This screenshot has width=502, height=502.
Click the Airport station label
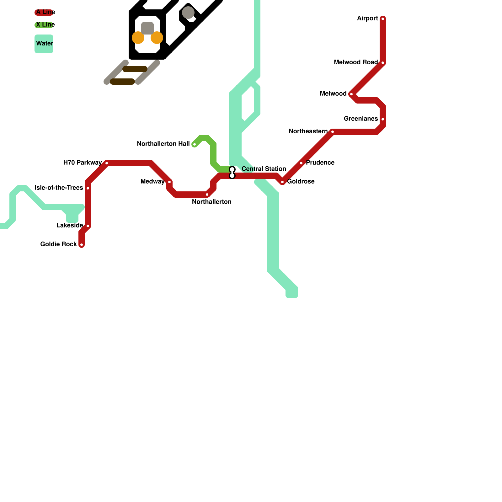[x=367, y=19]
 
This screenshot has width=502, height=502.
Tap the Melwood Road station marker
[x=383, y=63]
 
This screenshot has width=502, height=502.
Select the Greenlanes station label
[x=361, y=119]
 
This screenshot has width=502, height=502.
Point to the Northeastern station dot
[x=333, y=132]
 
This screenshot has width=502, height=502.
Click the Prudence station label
[x=320, y=163]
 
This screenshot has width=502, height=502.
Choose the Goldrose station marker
[x=282, y=182]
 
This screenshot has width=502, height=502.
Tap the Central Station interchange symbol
[x=232, y=173]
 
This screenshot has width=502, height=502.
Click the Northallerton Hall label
[x=163, y=144]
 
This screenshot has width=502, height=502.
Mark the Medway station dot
[x=169, y=182]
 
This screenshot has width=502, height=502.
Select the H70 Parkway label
[x=83, y=163]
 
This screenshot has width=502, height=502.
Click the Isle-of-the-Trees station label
[x=59, y=188]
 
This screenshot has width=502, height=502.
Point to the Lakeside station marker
[x=88, y=226]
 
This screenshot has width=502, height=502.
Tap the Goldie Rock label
[x=59, y=244]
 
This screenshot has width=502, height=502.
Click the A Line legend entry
[x=44, y=13]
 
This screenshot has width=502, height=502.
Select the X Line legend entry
[x=44, y=25]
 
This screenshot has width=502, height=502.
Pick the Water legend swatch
[x=44, y=44]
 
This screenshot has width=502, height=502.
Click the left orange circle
[x=138, y=38]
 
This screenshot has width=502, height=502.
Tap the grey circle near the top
[x=188, y=13]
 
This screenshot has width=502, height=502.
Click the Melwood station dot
[x=351, y=94]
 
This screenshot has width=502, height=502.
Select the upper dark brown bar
[x=135, y=69]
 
